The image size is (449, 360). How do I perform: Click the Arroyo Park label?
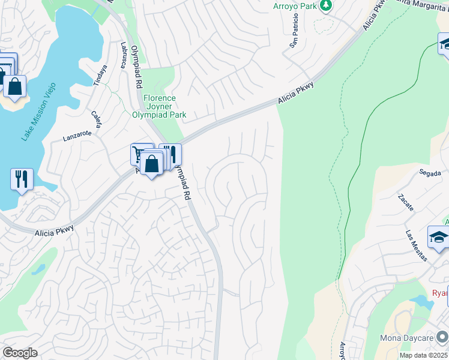click(x=294, y=6)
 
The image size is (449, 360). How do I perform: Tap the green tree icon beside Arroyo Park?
click(x=326, y=5)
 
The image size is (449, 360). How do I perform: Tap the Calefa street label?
click(x=97, y=120)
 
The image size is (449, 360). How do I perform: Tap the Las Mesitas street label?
click(x=416, y=247)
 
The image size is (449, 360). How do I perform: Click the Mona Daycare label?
click(x=406, y=338)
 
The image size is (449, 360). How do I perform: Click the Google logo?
click(x=19, y=353)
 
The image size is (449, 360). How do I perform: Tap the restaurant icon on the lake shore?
click(x=22, y=179)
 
